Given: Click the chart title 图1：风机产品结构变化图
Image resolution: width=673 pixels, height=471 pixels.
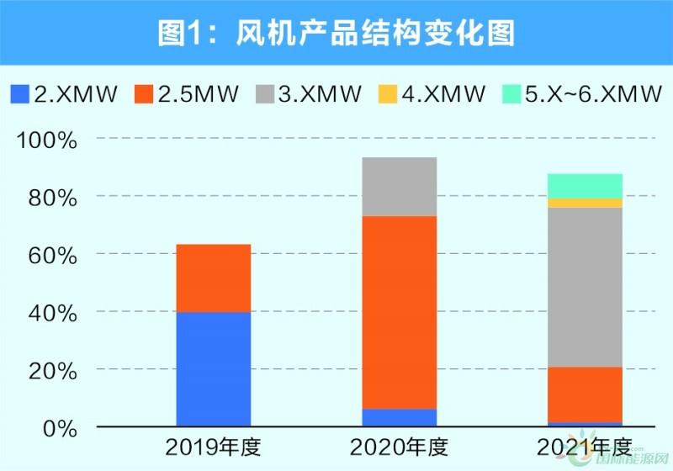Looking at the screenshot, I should pos(336,33).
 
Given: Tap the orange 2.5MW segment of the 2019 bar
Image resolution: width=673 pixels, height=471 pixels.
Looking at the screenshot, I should pos(214,278).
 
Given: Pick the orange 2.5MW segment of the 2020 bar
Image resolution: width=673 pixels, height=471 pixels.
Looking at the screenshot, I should pos(399,312).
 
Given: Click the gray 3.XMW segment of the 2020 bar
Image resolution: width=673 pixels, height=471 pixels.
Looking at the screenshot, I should pos(399,187).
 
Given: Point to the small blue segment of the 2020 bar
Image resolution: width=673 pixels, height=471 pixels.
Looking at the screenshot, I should pos(399,417).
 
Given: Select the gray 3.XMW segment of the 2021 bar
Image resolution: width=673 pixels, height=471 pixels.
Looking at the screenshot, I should pos(585,287).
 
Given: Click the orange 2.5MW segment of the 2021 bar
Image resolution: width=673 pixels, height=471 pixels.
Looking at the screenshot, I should pos(585,394).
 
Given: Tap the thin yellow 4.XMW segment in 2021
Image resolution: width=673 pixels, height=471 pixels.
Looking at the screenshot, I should pos(585,203).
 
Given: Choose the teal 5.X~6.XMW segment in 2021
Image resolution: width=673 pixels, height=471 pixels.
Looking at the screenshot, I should pos(585,186).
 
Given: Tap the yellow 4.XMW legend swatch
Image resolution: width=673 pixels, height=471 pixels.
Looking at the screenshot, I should pos(387,93).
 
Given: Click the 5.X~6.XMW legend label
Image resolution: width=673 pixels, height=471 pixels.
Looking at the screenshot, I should pos(593,93).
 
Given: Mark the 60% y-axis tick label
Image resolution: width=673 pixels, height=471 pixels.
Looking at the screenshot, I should pos(53,255).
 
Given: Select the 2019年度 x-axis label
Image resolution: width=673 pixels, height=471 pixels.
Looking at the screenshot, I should pos(213,446).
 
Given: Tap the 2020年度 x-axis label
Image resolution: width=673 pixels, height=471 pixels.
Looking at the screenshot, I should pos(399,446).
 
